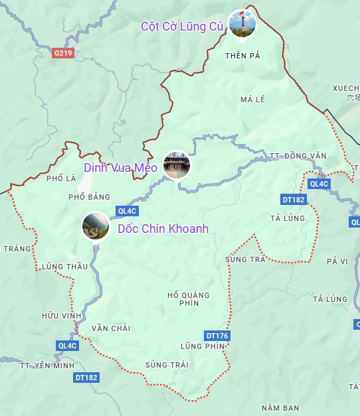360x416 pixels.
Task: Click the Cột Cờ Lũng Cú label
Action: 182,26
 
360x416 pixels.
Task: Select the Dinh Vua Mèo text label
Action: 120,168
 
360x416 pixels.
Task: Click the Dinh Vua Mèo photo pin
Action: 177,165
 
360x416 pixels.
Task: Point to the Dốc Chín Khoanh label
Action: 163,229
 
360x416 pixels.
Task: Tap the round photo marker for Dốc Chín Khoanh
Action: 96,226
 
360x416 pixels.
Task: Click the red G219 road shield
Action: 62,52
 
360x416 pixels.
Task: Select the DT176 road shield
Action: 217,336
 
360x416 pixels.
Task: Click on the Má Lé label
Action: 252,100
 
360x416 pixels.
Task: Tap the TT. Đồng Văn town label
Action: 298,156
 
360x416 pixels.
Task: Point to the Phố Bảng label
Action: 89,197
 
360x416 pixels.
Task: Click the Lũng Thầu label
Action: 64,267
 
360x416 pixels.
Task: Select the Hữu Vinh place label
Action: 61,315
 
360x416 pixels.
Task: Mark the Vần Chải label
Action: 111,328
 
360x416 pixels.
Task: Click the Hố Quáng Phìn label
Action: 188,299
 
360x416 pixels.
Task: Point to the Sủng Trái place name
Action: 167,365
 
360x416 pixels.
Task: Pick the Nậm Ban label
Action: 280,407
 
